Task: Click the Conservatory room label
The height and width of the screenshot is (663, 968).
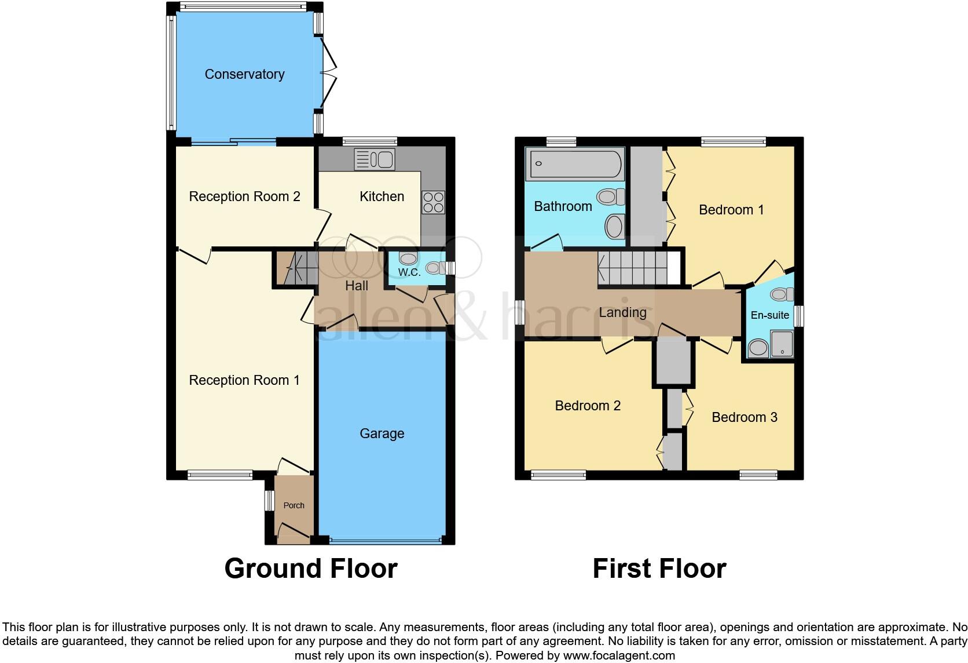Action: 244,74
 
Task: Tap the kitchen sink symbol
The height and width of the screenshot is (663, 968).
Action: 374,159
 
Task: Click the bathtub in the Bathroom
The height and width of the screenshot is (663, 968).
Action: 575,164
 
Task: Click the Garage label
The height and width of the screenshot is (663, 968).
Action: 382,434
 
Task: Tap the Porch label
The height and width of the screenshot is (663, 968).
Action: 294,505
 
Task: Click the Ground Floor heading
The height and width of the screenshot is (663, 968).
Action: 311,569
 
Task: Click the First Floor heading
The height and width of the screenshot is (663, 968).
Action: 659,569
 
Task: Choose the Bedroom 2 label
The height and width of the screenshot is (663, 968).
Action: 588,406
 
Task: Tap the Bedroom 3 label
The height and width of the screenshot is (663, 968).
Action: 744,417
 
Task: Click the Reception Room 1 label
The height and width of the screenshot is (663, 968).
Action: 244,380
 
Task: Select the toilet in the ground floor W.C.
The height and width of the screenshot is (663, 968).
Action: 434,268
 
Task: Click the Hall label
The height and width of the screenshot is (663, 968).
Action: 357,286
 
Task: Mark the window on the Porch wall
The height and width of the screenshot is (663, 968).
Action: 268,501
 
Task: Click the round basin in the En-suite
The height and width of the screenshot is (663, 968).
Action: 757,348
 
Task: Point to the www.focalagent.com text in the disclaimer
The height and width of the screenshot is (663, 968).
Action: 619,656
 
